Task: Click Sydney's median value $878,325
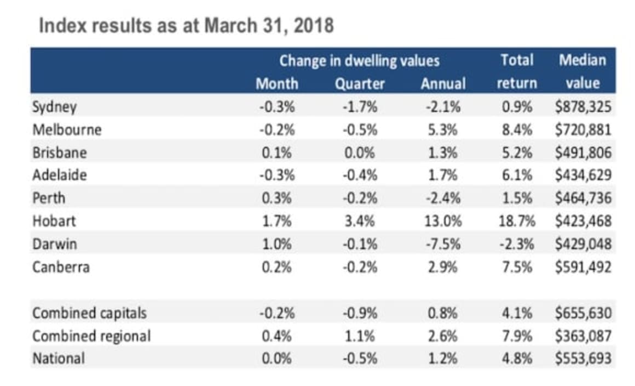pyautogui.click(x=582, y=106)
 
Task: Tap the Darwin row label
pyautogui.click(x=55, y=245)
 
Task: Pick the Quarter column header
pyautogui.click(x=360, y=84)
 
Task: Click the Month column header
pyautogui.click(x=277, y=84)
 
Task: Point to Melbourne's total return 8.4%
pyautogui.click(x=517, y=130)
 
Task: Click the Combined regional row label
pyautogui.click(x=91, y=336)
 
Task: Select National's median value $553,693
pyautogui.click(x=582, y=359)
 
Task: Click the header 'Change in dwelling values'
pyautogui.click(x=359, y=60)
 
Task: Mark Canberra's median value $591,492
pyautogui.click(x=582, y=268)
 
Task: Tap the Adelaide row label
pyautogui.click(x=60, y=175)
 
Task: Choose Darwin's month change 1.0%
pyautogui.click(x=278, y=245)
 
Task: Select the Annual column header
pyautogui.click(x=443, y=84)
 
